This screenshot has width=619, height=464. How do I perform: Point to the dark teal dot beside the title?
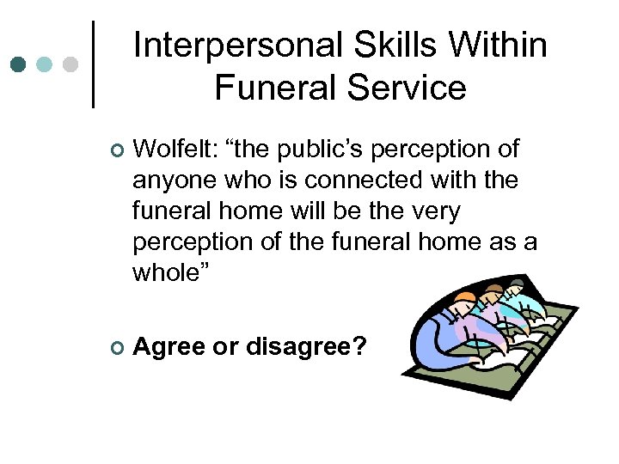click(18, 64)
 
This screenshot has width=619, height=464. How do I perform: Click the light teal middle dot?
click(45, 64)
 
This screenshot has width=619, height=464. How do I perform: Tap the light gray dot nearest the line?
click(71, 64)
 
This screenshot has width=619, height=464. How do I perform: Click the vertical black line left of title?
click(93, 64)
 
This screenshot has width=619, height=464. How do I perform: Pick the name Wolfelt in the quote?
click(176, 150)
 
